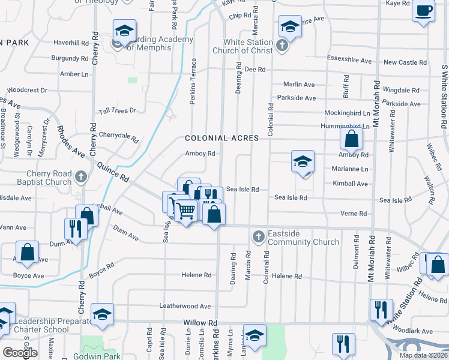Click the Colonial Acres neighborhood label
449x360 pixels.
[x=222, y=138]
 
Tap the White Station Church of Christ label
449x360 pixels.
[x=248, y=46]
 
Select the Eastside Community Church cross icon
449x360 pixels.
[x=258, y=236]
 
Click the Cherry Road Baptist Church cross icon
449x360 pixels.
[x=84, y=177]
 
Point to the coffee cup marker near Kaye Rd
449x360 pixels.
[x=424, y=11]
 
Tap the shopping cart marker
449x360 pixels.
[x=186, y=211]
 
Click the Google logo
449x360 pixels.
[x=20, y=353]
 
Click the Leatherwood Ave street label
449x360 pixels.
[x=185, y=305]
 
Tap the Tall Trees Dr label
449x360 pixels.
[x=118, y=110]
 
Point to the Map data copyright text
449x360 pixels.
[x=423, y=355]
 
